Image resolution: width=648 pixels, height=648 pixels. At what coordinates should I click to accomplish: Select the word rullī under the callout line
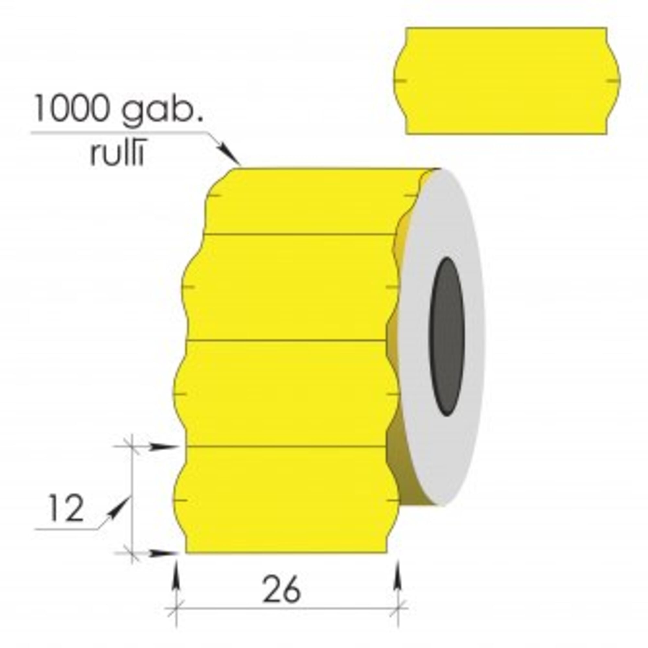click(117, 154)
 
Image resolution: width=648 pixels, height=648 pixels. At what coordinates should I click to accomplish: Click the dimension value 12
click(66, 508)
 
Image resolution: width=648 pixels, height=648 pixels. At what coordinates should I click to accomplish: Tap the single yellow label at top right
click(507, 81)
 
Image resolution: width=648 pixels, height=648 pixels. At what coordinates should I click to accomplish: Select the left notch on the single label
click(401, 80)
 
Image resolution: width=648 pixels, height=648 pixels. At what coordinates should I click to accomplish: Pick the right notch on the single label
click(613, 80)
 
